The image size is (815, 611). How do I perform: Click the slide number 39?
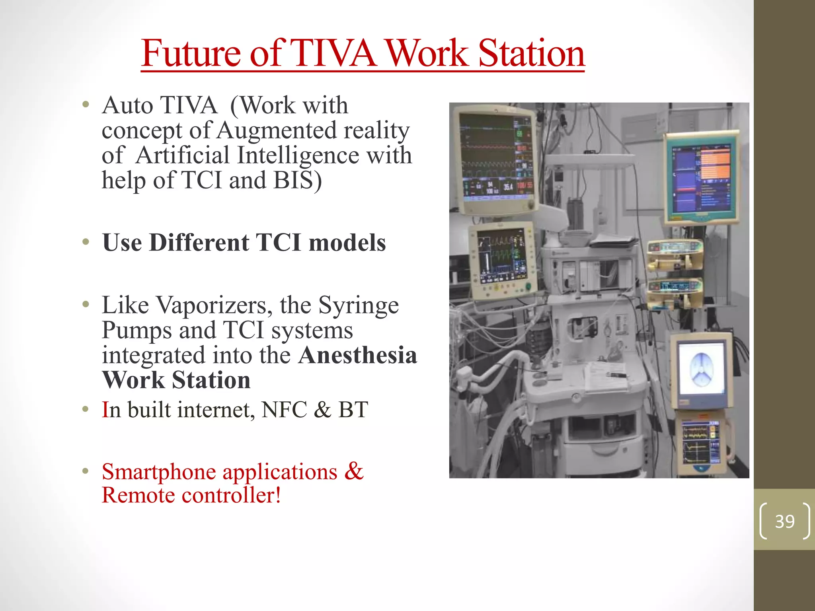click(x=784, y=521)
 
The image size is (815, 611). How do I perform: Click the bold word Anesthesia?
click(x=357, y=355)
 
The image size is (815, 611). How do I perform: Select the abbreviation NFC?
click(x=284, y=410)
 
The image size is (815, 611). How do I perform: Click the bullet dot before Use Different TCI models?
click(x=86, y=242)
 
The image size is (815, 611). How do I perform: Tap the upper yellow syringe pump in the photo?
click(x=675, y=255)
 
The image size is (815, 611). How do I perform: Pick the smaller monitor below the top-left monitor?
click(x=502, y=260)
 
